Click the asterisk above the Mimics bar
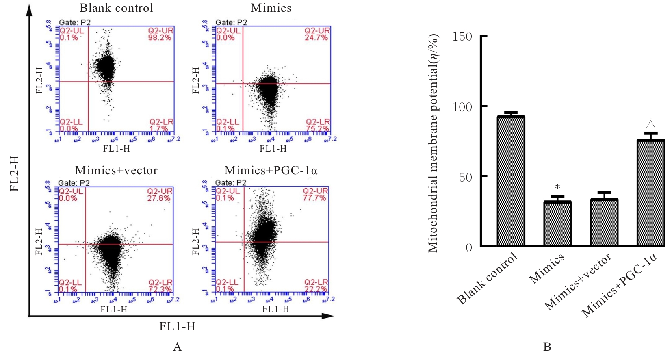coord(557,187)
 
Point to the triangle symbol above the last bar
coord(651,124)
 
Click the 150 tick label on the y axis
coord(462,37)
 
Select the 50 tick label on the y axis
coord(466,177)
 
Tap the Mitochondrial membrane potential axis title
coord(434,143)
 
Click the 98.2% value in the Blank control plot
coord(160,37)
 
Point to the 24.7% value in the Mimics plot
coord(316,37)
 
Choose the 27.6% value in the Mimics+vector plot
coord(159,198)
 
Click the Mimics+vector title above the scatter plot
coord(116,171)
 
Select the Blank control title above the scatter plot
coord(116,8)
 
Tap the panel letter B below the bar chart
coord(547,347)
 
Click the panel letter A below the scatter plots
coord(177,347)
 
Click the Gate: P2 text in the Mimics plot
coord(231,22)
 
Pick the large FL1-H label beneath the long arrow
coord(177,327)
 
